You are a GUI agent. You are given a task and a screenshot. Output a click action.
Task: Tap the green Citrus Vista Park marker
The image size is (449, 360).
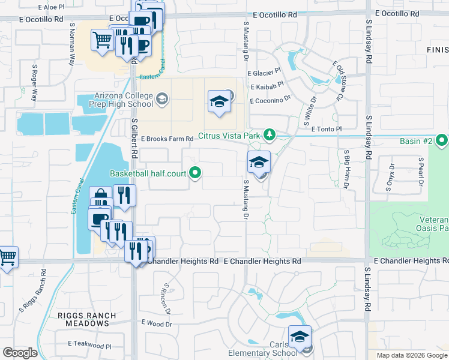[x=271, y=134]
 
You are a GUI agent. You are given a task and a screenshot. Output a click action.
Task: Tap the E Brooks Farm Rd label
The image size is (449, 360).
[x=167, y=139]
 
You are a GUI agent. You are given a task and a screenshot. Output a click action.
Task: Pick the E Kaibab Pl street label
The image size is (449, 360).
[x=264, y=87]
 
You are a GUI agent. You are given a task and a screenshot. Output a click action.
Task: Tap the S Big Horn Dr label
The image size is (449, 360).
[x=346, y=170]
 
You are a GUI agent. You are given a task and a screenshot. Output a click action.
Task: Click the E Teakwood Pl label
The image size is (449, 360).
[x=89, y=345]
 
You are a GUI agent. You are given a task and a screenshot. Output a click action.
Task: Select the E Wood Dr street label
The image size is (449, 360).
[x=158, y=324]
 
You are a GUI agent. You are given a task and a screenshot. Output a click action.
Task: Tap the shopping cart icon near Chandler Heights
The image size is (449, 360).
[x=8, y=257]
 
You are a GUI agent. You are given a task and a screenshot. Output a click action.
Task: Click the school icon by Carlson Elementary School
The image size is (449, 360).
[x=300, y=336]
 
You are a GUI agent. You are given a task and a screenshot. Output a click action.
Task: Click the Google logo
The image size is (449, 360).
[x=20, y=353]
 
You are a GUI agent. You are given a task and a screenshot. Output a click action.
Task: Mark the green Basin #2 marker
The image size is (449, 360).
[x=442, y=142]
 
